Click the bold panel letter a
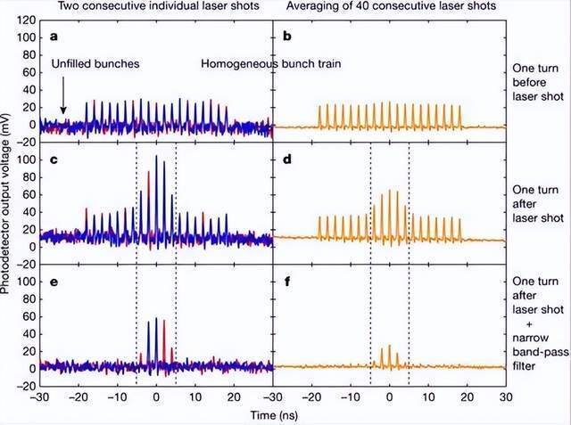point(54,37)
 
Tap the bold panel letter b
point(287,36)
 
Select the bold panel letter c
point(54,159)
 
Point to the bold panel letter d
point(287,159)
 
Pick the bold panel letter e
point(54,282)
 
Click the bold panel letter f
point(287,281)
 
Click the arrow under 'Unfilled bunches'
point(63,94)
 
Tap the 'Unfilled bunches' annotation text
point(95,64)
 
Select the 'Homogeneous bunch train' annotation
point(271,64)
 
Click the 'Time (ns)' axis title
point(274,415)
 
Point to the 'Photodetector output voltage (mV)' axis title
point(5,203)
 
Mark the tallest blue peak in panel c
point(157,156)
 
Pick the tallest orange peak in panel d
point(389,190)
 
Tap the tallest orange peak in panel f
point(389,346)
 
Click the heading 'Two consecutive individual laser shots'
point(159,6)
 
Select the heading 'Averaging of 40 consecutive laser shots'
point(391,6)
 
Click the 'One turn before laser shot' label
point(538,82)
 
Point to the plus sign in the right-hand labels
point(529,323)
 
